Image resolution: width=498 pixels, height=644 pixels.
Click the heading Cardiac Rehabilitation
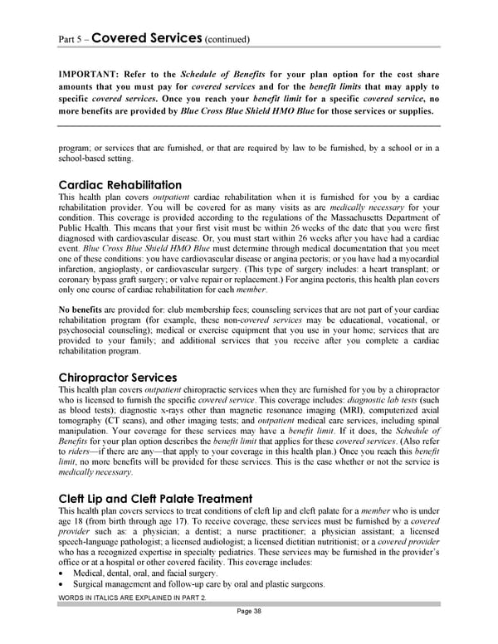pyautogui.click(x=120, y=184)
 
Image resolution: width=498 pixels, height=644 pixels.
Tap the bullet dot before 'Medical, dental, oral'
pyautogui.click(x=62, y=573)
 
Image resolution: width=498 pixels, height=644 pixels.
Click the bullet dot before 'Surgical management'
pyautogui.click(x=62, y=584)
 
